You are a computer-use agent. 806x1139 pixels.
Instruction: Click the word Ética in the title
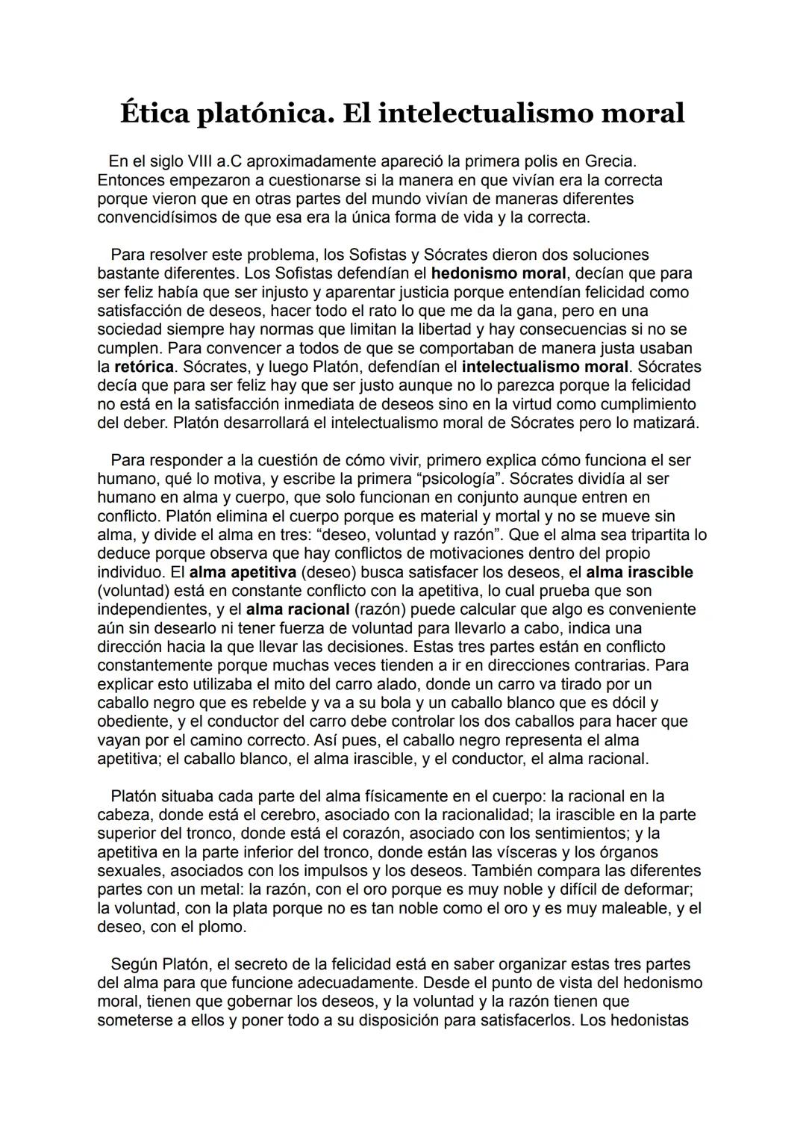tap(154, 113)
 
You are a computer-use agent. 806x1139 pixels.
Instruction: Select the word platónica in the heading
tap(261, 114)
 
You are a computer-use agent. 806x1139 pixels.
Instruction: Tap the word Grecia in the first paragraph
tap(610, 161)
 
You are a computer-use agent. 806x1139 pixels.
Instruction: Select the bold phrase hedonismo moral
tap(499, 273)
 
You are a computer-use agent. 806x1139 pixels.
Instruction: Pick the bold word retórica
tap(143, 367)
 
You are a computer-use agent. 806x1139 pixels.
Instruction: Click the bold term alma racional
tap(297, 609)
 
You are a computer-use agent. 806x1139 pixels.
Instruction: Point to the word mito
tap(310, 684)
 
